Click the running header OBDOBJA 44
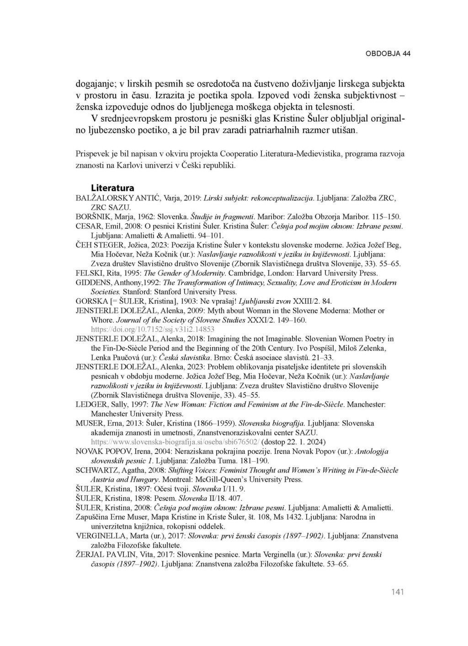click(x=388, y=54)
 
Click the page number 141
click(x=398, y=592)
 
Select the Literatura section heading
click(x=112, y=188)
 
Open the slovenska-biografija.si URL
click(x=175, y=442)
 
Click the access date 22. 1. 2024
click(x=306, y=442)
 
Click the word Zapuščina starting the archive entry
click(x=95, y=517)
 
